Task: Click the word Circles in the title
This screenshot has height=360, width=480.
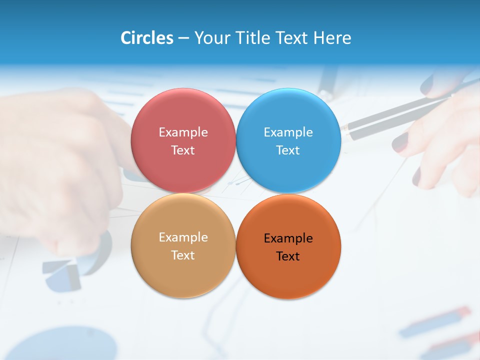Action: pyautogui.click(x=146, y=38)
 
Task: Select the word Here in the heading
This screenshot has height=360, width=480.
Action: pyautogui.click(x=332, y=38)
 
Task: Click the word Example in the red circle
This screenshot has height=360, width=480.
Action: pyautogui.click(x=183, y=132)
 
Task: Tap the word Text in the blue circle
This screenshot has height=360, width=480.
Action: pyautogui.click(x=288, y=150)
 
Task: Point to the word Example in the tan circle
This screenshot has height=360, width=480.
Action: pyautogui.click(x=183, y=237)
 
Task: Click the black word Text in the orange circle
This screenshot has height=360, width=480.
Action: pyautogui.click(x=288, y=256)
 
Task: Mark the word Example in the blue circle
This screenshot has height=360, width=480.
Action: pyautogui.click(x=288, y=132)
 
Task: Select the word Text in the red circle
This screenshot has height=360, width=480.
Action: pyautogui.click(x=183, y=150)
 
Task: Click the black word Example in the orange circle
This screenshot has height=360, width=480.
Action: pyautogui.click(x=288, y=238)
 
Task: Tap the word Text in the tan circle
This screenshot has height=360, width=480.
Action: pyautogui.click(x=183, y=255)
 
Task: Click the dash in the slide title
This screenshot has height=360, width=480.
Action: pyautogui.click(x=183, y=38)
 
